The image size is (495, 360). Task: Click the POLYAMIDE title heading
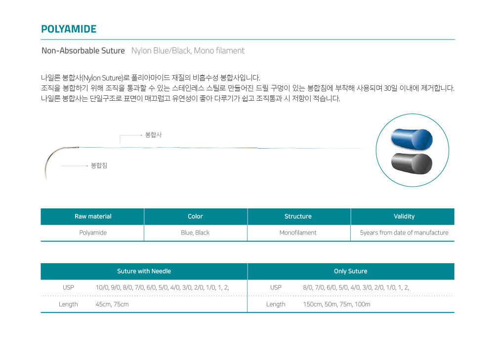coord(69,29)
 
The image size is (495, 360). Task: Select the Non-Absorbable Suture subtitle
coord(83,51)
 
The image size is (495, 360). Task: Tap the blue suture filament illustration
coord(412,139)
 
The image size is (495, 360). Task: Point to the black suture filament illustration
coord(412,163)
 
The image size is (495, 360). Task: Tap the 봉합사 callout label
coord(154,135)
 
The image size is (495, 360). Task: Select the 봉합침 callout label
coord(99,165)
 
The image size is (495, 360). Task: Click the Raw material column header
coord(93,216)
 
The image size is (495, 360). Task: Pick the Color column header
coord(195,216)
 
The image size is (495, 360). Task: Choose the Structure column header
coord(298,216)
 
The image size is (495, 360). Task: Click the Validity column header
coord(404,216)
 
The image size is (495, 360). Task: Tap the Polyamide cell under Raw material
coord(93,233)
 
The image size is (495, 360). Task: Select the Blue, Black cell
coord(195,233)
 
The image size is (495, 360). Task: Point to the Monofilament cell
coord(298,233)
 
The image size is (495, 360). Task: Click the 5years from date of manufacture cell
coord(404,233)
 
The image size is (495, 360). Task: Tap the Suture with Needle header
coord(144,271)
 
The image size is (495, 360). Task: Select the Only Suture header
coord(351,271)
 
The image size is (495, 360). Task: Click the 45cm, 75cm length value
coord(112,305)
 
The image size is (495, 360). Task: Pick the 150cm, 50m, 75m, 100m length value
coord(336,305)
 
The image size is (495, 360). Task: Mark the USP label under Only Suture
coord(276,288)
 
